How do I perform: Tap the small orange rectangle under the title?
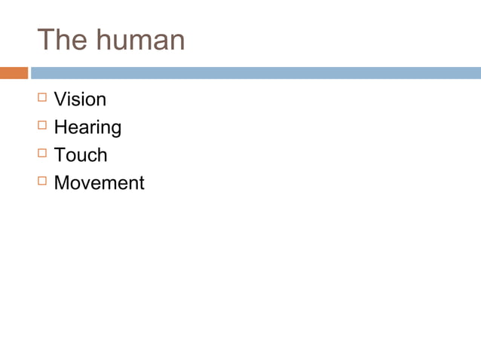[14, 73]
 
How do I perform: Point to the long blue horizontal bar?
[256, 73]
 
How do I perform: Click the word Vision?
[80, 99]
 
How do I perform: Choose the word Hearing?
[87, 127]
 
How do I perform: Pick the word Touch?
[81, 155]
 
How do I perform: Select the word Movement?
[99, 183]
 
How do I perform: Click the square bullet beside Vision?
[41, 98]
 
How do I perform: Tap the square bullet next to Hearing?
[41, 126]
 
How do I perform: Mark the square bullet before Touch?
[41, 154]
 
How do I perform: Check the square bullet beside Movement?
[41, 182]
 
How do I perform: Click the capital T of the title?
[46, 40]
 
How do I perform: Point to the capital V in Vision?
[60, 99]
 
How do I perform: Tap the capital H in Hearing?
[60, 127]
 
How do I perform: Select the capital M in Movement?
[62, 183]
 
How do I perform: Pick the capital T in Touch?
[60, 155]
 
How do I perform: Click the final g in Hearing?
[115, 130]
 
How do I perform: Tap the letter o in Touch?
[71, 157]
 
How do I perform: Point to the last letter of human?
[176, 42]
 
